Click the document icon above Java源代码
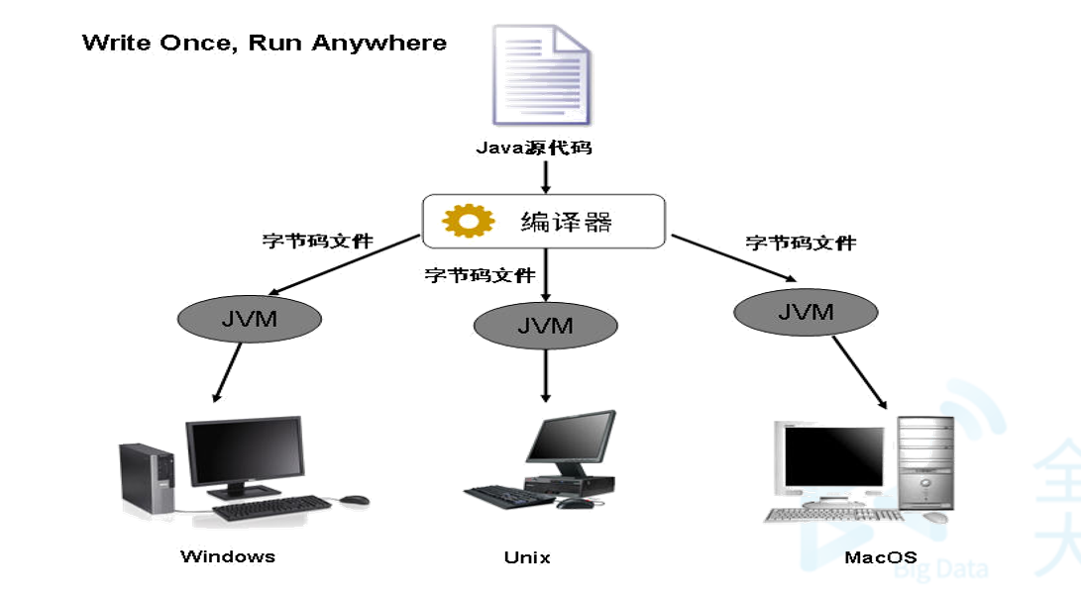pyautogui.click(x=545, y=77)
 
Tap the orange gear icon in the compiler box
pyautogui.click(x=468, y=221)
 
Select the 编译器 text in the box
pyautogui.click(x=566, y=221)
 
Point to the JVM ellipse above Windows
pyautogui.click(x=249, y=319)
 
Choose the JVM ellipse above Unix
pyautogui.click(x=545, y=326)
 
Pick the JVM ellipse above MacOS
pyautogui.click(x=806, y=312)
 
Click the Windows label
pyautogui.click(x=228, y=555)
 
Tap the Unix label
pyautogui.click(x=527, y=557)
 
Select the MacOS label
pyautogui.click(x=880, y=556)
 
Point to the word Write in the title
pyautogui.click(x=112, y=43)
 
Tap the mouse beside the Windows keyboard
pyautogui.click(x=354, y=501)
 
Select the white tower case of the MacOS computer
pyautogui.click(x=925, y=462)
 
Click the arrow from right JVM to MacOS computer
pyautogui.click(x=859, y=372)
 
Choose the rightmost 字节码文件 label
pyautogui.click(x=801, y=243)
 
